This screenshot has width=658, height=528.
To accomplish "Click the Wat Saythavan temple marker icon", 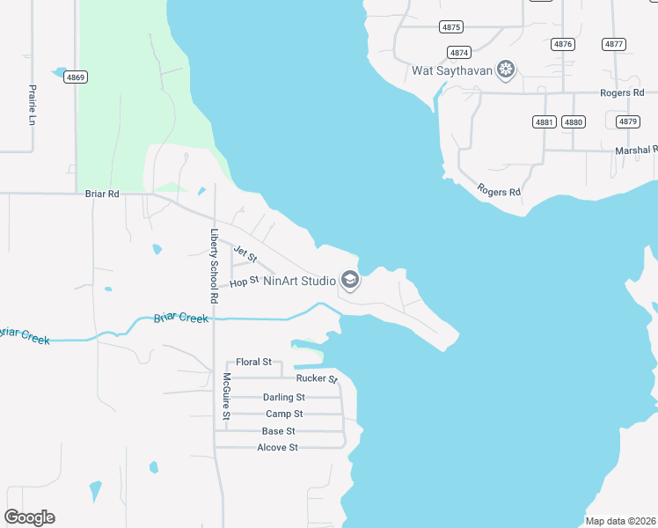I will (x=505, y=69).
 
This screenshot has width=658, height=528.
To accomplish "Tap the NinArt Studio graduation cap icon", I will (x=349, y=281).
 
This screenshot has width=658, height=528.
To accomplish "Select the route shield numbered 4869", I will (x=76, y=77).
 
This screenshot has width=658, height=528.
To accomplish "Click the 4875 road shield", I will (x=451, y=27).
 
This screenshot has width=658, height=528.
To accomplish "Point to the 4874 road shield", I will (x=458, y=52).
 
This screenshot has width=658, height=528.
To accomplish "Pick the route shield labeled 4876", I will (x=563, y=44).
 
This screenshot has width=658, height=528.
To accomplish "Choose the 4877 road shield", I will (x=614, y=44).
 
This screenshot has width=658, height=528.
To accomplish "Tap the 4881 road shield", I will (x=545, y=121).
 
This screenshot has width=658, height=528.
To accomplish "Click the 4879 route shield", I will (x=627, y=121).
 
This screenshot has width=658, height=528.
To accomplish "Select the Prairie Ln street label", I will (x=32, y=105).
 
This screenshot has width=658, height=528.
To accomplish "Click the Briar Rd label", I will (x=102, y=194).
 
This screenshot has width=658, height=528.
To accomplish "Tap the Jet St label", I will (x=245, y=257).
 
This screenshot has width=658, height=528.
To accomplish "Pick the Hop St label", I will (x=244, y=282).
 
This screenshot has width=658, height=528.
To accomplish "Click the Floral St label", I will (x=253, y=362).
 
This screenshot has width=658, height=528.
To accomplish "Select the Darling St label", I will (x=283, y=397).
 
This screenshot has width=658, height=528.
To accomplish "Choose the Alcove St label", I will (x=277, y=448).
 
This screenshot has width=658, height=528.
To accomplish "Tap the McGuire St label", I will (x=226, y=396).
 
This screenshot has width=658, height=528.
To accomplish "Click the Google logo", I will (x=29, y=517).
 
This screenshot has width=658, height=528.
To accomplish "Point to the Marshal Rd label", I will (x=636, y=150).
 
